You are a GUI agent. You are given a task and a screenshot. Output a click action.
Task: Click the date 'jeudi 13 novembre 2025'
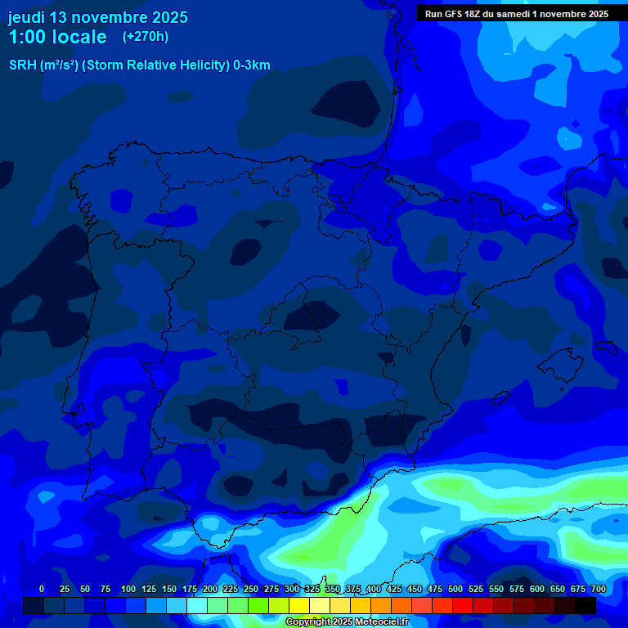(x=98, y=17)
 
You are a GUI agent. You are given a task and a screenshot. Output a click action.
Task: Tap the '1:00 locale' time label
(x=57, y=37)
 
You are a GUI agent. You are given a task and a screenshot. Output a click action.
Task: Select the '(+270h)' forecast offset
(x=145, y=37)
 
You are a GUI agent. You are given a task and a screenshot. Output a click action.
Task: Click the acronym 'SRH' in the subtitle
(x=23, y=65)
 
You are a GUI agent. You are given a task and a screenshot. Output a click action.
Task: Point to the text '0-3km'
(x=252, y=65)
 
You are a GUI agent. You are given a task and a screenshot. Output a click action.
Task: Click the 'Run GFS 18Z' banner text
(x=463, y=14)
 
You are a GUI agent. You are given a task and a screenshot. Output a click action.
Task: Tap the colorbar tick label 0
(x=42, y=589)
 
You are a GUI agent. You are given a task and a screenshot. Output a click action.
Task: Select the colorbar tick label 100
(x=128, y=589)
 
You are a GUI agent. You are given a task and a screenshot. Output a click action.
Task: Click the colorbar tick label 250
(x=251, y=589)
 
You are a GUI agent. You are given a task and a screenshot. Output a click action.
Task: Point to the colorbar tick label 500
(x=455, y=589)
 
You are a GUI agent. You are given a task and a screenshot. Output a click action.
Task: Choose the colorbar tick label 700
(x=599, y=589)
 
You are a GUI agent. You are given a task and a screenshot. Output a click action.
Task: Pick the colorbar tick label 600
(x=537, y=589)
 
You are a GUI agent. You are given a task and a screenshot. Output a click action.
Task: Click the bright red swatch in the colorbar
(x=463, y=605)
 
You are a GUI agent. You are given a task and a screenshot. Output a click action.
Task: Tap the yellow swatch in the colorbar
(x=299, y=605)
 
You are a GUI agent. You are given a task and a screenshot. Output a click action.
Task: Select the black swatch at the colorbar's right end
(x=585, y=605)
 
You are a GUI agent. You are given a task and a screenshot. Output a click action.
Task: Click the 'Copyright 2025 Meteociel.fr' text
(x=347, y=621)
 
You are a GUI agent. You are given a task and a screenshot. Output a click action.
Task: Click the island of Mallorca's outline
(x=564, y=360)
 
